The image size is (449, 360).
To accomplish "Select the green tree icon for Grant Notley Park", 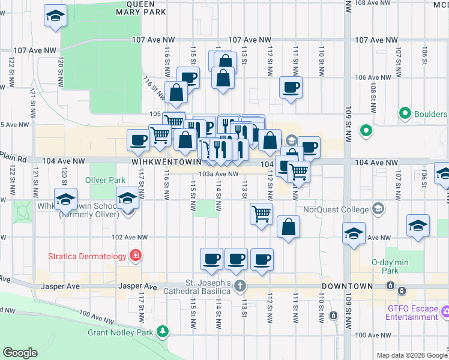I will click(x=162, y=331).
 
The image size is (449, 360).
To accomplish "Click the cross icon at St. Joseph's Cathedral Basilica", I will click(x=240, y=285).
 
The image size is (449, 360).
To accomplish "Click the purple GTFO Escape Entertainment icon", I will click(x=445, y=311).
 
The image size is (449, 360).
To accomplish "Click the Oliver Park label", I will click(x=105, y=179).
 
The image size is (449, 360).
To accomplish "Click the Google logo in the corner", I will click(x=20, y=353).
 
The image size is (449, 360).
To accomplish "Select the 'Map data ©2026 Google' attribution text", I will click(x=412, y=355).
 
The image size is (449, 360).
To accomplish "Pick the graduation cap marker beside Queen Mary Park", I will click(x=55, y=16).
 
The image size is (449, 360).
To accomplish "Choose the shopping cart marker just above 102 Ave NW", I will click(x=262, y=214).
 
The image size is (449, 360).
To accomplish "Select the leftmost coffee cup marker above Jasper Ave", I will click(x=211, y=259).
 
